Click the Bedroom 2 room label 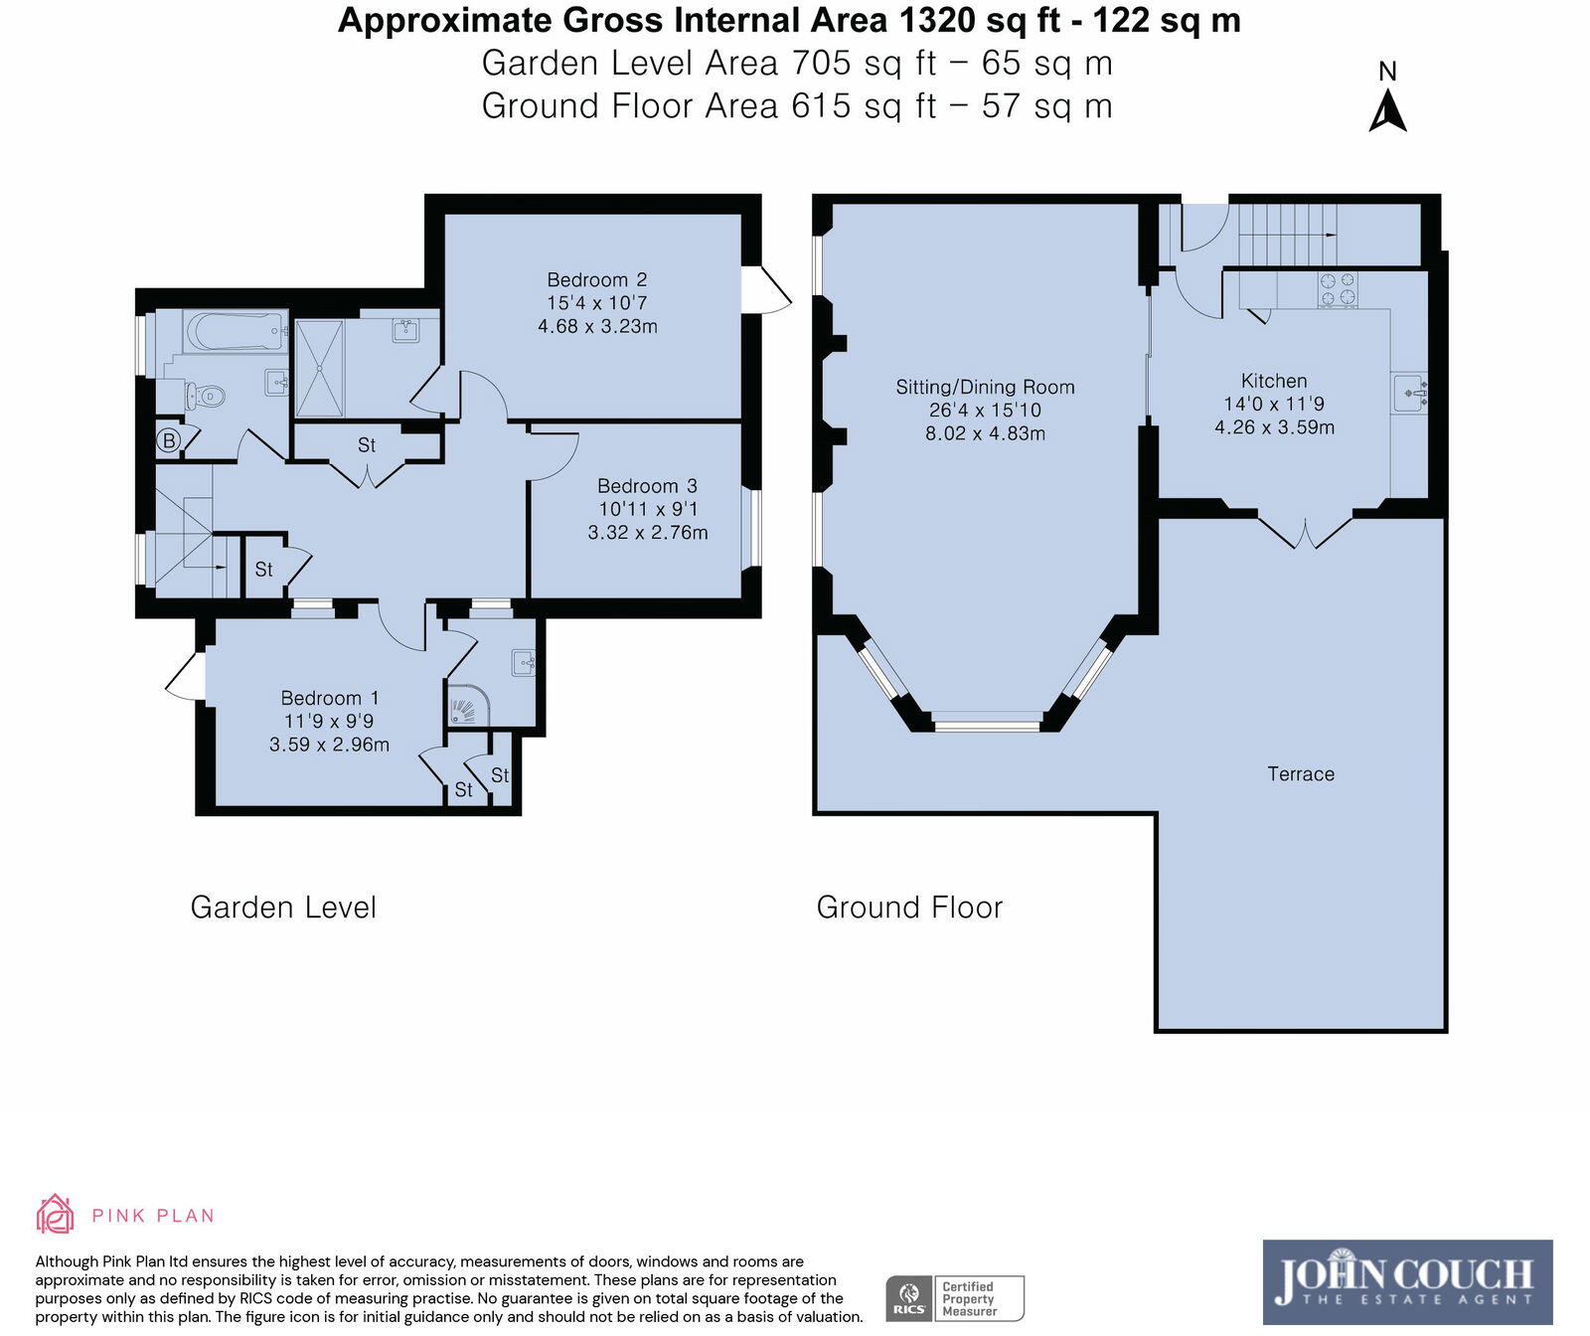coord(597,280)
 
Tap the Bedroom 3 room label coord(647,486)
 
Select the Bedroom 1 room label coord(330,698)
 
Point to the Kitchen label coord(1274,381)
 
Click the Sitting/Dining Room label coord(985,388)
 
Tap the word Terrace coord(1301,774)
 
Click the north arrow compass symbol coord(1388,97)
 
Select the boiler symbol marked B coord(169,440)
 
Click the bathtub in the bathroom coord(235,332)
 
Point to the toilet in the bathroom coord(206,397)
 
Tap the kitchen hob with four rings coord(1337,288)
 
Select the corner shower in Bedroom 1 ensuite coord(468,705)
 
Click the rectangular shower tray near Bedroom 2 coord(319,367)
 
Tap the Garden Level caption coord(283,907)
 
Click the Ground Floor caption coord(909,907)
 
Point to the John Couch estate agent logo coord(1407,1281)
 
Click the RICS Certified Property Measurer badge coord(955,1298)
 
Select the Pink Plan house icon coord(55,1214)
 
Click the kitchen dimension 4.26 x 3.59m coord(1274,427)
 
